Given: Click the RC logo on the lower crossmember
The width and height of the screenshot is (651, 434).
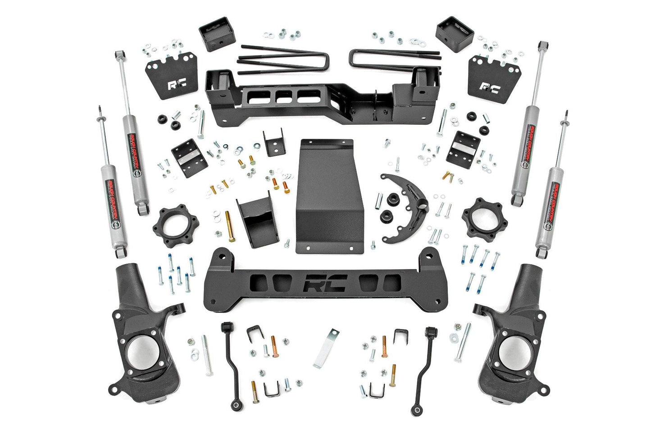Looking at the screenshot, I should coord(324,283).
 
